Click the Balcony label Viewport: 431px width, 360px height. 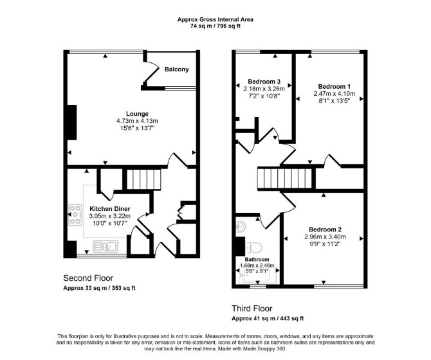tap(176, 69)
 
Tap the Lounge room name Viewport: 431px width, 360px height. tap(137, 114)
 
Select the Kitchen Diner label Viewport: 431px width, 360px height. tap(109, 209)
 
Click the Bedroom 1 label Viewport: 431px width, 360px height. tap(335, 87)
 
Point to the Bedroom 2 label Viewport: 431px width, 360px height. tap(325, 230)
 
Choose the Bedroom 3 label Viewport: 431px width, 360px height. tap(264, 82)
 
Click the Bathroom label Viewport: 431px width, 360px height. tap(257, 260)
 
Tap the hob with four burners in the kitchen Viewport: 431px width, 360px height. tap(75, 215)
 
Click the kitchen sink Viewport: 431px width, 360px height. tap(105, 246)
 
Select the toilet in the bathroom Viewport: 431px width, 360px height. tap(253, 248)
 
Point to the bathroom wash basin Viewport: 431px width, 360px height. tap(241, 227)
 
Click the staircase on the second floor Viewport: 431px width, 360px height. tap(143, 179)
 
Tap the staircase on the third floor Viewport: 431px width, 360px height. tap(284, 179)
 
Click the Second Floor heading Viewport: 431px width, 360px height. tap(88, 278)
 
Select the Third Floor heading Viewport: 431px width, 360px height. tap(252, 309)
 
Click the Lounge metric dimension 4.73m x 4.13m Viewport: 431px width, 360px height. tap(137, 121)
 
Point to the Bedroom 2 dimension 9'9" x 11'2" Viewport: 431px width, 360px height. tap(325, 244)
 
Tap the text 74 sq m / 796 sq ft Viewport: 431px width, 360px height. tap(215, 26)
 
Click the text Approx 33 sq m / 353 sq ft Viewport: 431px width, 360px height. tap(99, 288)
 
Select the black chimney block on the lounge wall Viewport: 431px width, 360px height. tap(72, 123)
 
